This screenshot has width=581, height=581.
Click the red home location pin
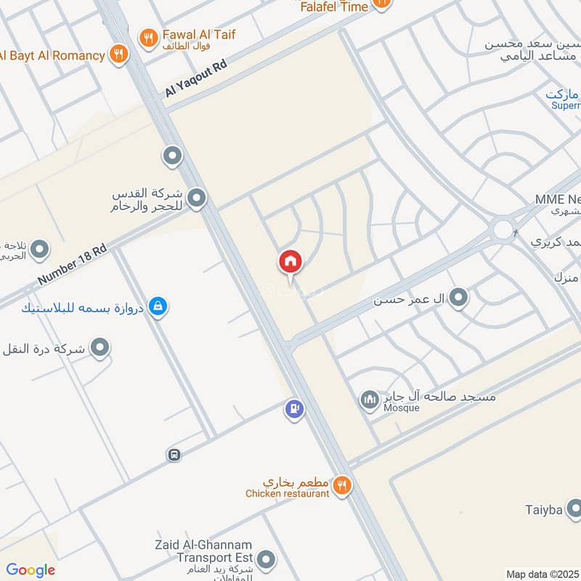click(290, 261)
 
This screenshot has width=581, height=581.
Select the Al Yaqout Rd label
click(195, 80)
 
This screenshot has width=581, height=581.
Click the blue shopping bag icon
click(157, 307)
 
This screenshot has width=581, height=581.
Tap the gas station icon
click(294, 410)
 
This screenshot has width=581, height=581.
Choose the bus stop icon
click(174, 455)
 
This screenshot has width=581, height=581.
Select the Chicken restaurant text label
click(288, 494)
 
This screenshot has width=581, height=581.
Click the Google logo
click(31, 570)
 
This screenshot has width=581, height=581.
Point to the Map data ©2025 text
click(540, 574)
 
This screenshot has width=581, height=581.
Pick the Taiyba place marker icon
click(574, 508)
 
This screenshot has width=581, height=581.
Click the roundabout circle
click(503, 230)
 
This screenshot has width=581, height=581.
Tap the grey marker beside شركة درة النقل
click(101, 348)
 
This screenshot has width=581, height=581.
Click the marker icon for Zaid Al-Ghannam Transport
click(267, 559)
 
